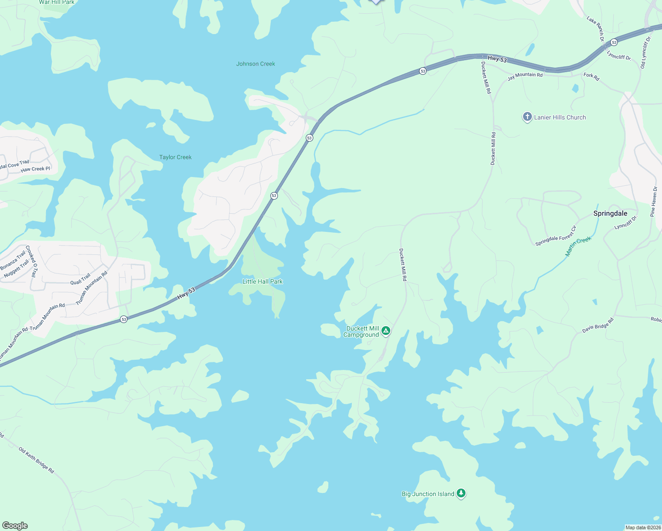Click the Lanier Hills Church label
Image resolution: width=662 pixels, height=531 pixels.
click(x=560, y=117)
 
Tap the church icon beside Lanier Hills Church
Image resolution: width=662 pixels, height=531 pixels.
click(x=527, y=117)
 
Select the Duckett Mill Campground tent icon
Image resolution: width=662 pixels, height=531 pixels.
click(x=386, y=331)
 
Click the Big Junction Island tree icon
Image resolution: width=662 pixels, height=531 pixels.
click(x=461, y=493)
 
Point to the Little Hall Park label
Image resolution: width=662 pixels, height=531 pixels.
click(x=262, y=281)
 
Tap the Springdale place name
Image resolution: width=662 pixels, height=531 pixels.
click(x=610, y=213)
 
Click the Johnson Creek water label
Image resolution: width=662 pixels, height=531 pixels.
click(x=255, y=64)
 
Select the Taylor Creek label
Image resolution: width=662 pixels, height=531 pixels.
click(x=175, y=157)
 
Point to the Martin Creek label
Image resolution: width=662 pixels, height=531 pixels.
click(x=578, y=246)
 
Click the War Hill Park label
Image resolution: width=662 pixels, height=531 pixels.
click(x=57, y=3)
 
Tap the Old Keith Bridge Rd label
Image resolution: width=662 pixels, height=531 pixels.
click(x=36, y=460)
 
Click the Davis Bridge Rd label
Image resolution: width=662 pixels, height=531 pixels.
click(x=598, y=325)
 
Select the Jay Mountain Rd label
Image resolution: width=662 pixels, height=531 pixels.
click(x=525, y=76)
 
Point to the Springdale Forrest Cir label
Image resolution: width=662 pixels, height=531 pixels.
click(x=556, y=236)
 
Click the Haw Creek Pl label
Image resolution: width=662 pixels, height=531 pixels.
click(x=35, y=169)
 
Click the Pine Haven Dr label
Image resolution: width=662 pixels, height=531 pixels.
click(x=654, y=201)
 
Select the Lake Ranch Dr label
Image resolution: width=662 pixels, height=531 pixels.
click(x=596, y=29)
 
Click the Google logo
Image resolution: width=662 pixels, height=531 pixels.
click(x=15, y=525)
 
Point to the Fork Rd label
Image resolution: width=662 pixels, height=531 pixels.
click(x=591, y=77)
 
